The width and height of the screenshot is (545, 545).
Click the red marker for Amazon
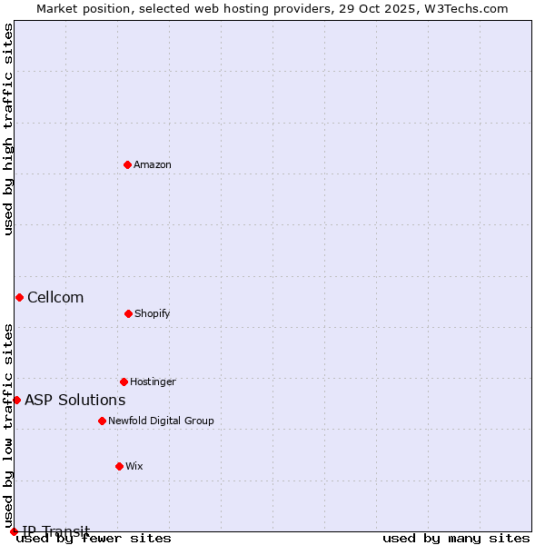(127, 164)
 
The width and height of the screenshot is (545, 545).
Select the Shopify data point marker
(128, 313)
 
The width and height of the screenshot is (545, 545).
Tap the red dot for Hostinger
(124, 381)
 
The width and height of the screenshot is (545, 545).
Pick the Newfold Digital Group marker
(102, 421)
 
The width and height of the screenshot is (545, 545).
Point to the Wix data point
(119, 466)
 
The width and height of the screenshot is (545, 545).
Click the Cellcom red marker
(19, 297)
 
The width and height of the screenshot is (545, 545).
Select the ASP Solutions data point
(16, 400)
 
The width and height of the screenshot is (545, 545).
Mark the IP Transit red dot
(14, 531)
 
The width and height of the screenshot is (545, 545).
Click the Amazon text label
(153, 164)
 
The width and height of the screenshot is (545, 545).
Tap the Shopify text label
(153, 313)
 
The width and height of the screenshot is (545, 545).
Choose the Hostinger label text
(153, 381)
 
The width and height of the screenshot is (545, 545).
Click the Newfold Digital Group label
(162, 421)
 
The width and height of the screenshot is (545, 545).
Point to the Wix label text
(134, 466)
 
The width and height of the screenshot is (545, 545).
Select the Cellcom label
(55, 297)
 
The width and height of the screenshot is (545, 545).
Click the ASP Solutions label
(75, 400)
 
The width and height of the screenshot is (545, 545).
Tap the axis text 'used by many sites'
(455, 538)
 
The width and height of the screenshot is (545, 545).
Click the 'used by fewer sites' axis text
(94, 538)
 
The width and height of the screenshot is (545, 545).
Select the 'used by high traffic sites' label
(8, 129)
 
